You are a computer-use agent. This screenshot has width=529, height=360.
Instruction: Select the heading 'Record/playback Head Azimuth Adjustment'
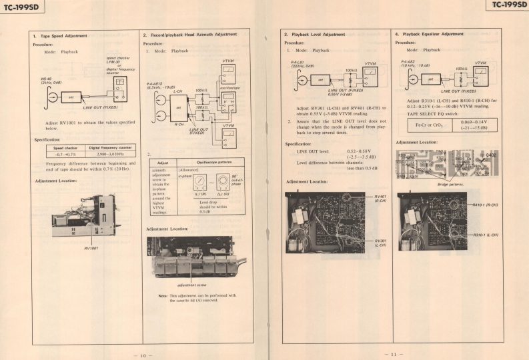[193, 34]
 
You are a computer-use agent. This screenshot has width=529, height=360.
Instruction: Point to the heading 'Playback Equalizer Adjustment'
[432, 34]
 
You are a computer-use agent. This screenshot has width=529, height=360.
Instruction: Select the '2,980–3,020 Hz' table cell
[111, 154]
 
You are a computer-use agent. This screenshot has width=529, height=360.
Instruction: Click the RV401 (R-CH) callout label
[380, 198]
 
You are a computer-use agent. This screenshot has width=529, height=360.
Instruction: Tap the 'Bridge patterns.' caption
[451, 184]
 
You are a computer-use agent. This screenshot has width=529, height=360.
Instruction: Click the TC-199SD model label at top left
[19, 6]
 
